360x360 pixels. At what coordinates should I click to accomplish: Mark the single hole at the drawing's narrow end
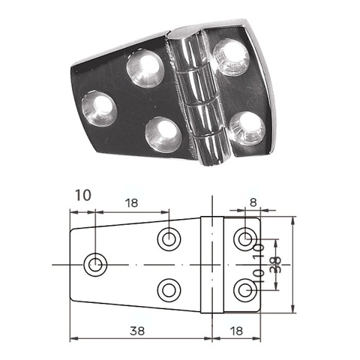coord(95,265)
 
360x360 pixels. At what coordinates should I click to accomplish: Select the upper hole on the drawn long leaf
coord(169,238)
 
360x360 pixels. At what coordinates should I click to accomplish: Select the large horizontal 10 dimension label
coord(82,196)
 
